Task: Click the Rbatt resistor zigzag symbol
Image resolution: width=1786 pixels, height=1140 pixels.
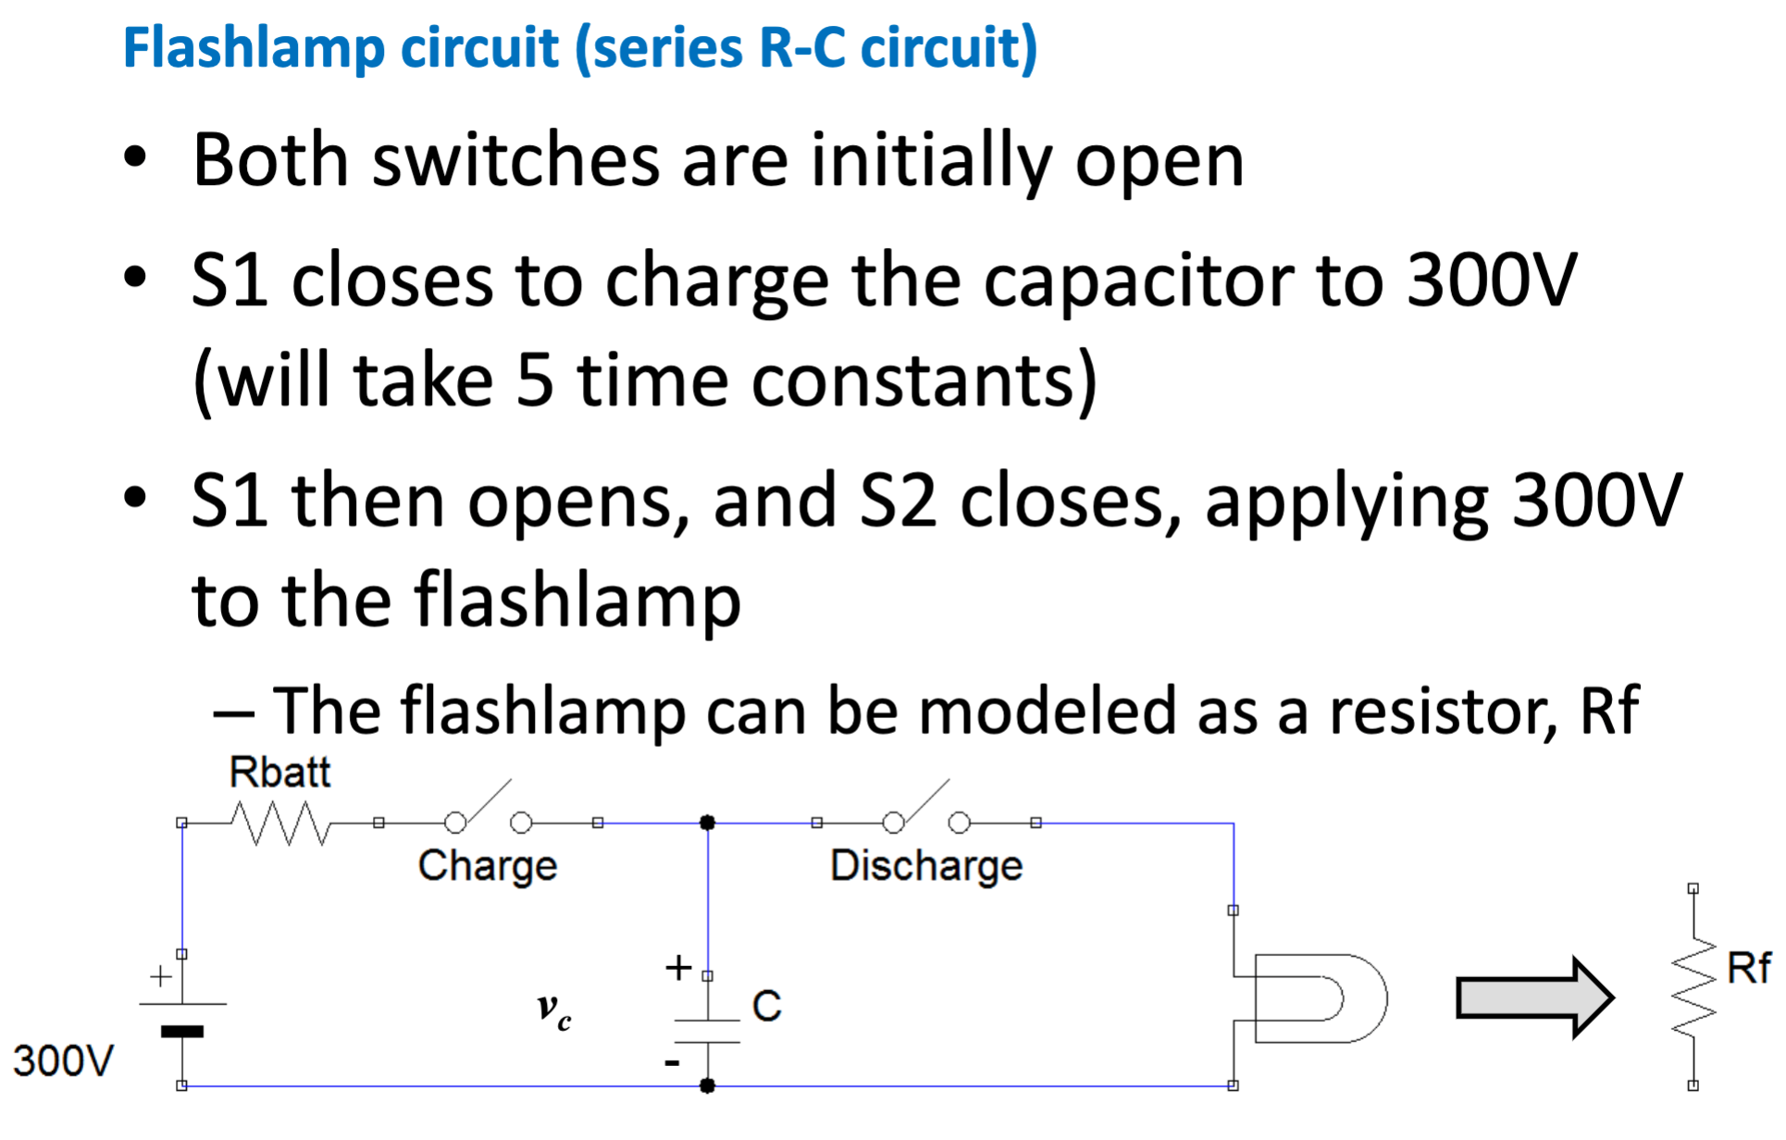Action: [x=279, y=823]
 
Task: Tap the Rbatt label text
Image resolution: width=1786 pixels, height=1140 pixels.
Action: [x=279, y=773]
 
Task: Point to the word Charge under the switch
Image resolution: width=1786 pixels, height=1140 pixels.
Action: [x=488, y=866]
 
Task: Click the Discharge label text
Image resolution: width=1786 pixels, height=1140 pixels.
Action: [x=926, y=866]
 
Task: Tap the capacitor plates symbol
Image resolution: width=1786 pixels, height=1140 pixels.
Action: [x=707, y=1031]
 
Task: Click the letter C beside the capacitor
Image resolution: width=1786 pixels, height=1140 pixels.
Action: [x=767, y=1006]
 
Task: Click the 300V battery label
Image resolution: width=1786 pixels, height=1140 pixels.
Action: [x=63, y=1060]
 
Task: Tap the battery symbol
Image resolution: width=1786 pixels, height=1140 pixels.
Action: [x=182, y=1017]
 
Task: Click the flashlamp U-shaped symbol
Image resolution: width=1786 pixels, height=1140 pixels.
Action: [x=1319, y=998]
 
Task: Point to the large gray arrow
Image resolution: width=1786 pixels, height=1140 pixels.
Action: [x=1535, y=998]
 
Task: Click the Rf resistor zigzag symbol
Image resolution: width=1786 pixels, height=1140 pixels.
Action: [x=1693, y=987]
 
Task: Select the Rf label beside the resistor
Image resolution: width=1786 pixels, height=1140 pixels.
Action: [x=1748, y=969]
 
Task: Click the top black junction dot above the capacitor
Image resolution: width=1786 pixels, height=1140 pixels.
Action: [x=707, y=823]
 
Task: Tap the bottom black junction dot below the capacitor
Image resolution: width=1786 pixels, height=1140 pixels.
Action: [x=707, y=1085]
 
